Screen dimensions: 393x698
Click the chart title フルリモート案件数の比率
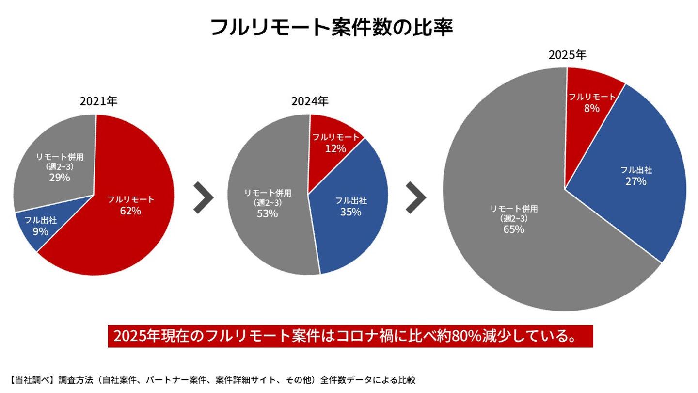(332, 28)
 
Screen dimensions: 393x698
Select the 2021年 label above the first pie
(98, 101)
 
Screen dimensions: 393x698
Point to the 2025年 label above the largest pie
(567, 55)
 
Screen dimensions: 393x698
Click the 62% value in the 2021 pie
(131, 211)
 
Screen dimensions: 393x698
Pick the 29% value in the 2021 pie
(60, 178)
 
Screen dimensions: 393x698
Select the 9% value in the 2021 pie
(41, 231)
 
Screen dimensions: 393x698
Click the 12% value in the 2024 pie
(335, 149)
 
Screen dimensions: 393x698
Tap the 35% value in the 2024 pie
(351, 212)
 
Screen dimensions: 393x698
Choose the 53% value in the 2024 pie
(268, 213)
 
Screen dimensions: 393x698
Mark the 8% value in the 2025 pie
(591, 109)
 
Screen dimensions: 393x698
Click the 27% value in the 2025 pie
(636, 182)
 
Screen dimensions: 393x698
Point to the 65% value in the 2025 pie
(514, 229)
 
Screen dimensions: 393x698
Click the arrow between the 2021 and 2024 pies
(203, 197)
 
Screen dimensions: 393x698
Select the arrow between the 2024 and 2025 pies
(416, 197)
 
